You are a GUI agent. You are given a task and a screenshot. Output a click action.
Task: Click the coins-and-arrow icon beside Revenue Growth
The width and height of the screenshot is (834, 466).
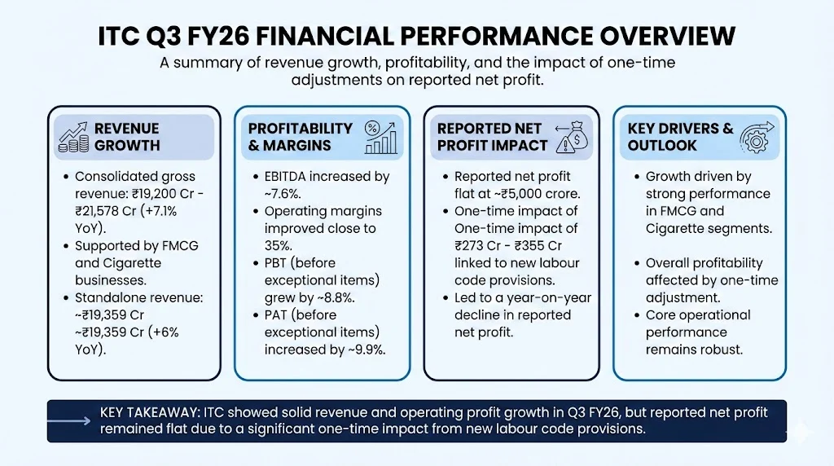(73, 137)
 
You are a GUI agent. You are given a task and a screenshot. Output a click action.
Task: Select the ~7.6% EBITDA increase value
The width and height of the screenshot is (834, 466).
(282, 194)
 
